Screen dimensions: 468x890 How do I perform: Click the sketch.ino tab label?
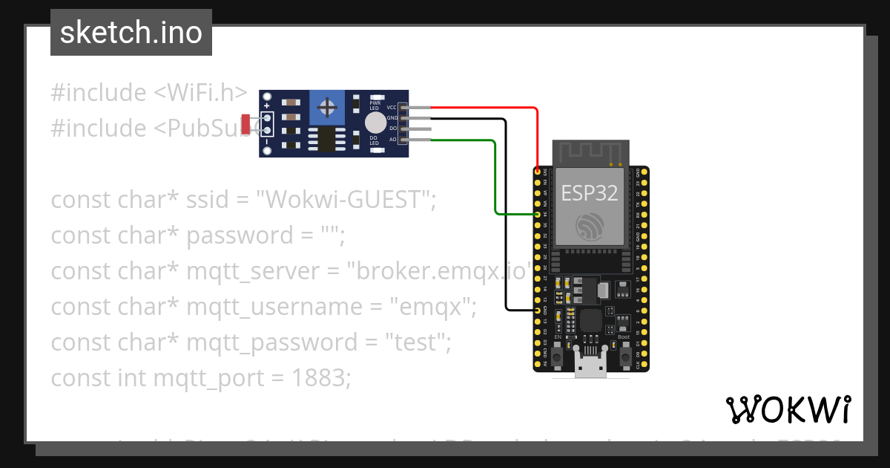(x=131, y=33)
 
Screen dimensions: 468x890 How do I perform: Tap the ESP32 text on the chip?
(x=589, y=192)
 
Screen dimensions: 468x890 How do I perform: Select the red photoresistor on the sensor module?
(x=246, y=123)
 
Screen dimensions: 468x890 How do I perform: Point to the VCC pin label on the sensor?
(x=392, y=108)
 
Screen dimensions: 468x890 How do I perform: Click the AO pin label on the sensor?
(x=392, y=140)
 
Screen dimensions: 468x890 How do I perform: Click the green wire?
(x=495, y=178)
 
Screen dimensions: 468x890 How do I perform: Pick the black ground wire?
(x=507, y=223)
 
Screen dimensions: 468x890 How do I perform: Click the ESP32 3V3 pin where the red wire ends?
(x=537, y=172)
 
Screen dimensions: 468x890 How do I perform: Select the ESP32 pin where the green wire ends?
(x=537, y=214)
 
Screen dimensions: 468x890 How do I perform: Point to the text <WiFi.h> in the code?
(x=200, y=93)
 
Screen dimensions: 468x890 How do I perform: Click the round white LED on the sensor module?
(x=375, y=123)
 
